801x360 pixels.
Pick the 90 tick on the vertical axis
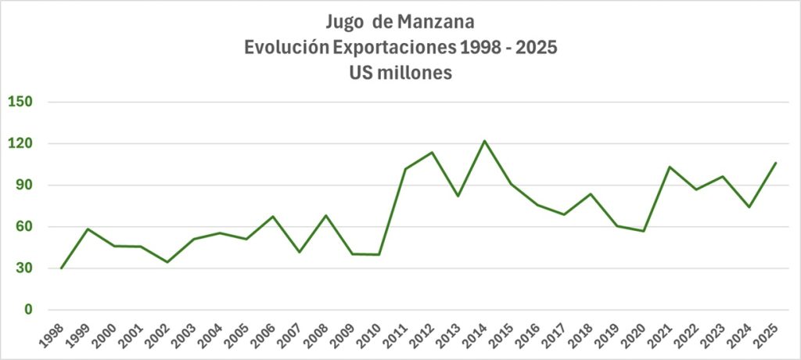(31, 185)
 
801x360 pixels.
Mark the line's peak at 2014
(484, 141)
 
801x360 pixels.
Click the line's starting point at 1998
(61, 268)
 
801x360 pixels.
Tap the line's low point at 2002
(167, 262)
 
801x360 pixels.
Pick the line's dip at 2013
(458, 196)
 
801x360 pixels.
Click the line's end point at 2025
(775, 163)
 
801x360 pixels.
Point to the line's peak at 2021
(670, 167)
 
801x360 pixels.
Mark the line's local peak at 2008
(325, 215)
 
